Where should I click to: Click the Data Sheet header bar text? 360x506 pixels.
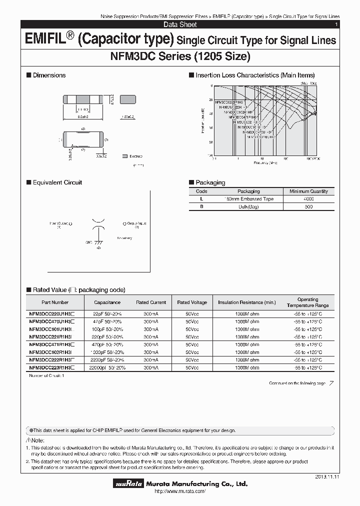click(180, 24)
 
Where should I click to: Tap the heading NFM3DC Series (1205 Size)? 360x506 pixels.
click(180, 56)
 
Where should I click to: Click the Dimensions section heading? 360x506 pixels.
click(49, 75)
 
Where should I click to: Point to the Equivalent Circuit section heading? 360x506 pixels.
click(57, 182)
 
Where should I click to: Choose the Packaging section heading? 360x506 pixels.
click(210, 182)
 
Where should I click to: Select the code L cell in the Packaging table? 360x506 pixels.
click(201, 199)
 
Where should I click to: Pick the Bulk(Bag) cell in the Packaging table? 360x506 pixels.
click(248, 207)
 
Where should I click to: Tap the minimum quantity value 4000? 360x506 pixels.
click(308, 199)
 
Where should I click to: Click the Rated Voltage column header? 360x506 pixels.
click(191, 302)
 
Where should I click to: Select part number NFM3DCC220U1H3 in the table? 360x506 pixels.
click(52, 313)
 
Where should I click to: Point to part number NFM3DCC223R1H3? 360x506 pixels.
click(52, 367)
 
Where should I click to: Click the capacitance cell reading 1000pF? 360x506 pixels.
click(107, 352)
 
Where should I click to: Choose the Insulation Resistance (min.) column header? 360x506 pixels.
click(246, 302)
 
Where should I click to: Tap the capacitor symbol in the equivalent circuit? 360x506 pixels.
click(98, 224)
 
